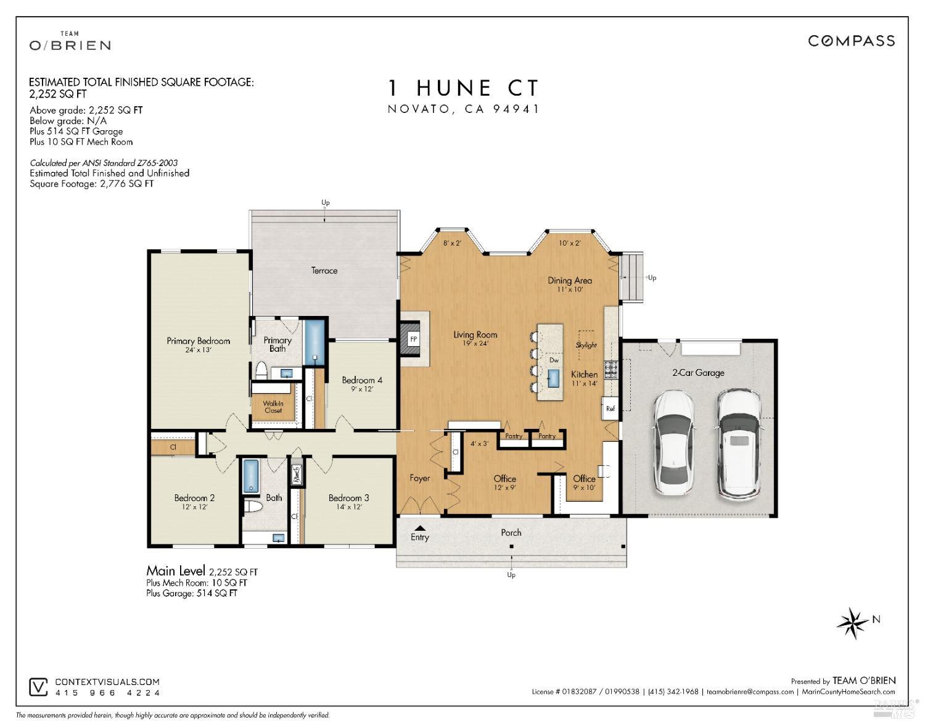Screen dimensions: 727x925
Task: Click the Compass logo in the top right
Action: (x=851, y=41)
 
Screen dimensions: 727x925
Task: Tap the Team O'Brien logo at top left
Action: (x=70, y=42)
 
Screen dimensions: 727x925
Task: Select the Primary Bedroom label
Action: (x=198, y=341)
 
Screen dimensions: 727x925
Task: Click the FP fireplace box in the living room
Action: (x=413, y=339)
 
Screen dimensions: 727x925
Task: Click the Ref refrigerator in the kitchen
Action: (x=610, y=409)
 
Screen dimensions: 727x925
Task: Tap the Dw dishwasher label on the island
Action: (x=554, y=360)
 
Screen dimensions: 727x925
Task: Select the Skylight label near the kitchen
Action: (x=586, y=345)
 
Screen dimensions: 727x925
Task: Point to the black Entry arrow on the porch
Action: (x=419, y=528)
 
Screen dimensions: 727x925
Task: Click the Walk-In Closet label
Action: (x=273, y=407)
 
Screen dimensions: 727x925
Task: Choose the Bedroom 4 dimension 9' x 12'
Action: (x=362, y=389)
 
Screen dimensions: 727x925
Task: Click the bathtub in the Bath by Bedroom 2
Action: (x=250, y=476)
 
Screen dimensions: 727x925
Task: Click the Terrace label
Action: (x=324, y=270)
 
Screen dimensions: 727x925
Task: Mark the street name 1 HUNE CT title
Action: (x=463, y=88)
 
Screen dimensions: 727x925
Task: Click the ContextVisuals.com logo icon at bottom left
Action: (x=38, y=687)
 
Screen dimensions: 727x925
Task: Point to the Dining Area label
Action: (x=569, y=280)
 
